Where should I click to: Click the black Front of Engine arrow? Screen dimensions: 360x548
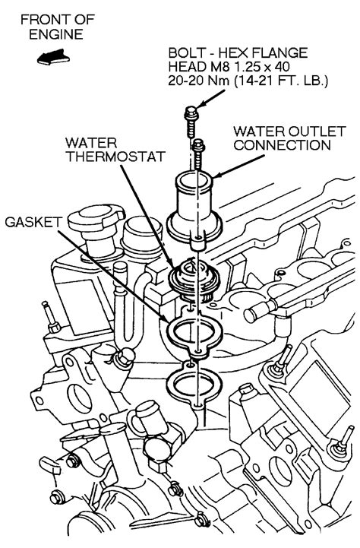pyautogui.click(x=53, y=57)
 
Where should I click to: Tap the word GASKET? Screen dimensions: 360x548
pyautogui.click(x=33, y=222)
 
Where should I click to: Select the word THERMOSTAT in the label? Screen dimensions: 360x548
pyautogui.click(x=115, y=157)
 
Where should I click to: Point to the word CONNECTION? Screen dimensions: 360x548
pyautogui.click(x=282, y=145)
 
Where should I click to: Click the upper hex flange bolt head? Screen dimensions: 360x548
pyautogui.click(x=191, y=112)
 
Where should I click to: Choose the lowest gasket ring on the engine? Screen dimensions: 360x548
pyautogui.click(x=193, y=385)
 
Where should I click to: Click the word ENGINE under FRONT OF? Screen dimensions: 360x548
pyautogui.click(x=56, y=34)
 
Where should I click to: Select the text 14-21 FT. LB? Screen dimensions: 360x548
pyautogui.click(x=281, y=81)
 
